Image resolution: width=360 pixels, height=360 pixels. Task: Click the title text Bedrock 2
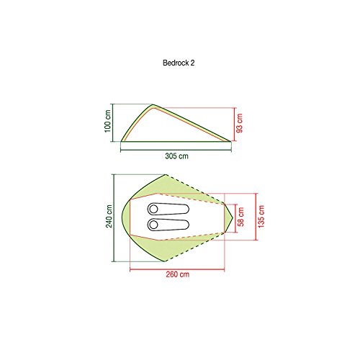tap(179, 63)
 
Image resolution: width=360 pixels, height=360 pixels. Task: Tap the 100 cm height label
tap(108, 121)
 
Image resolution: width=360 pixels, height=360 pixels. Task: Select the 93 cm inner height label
tap(239, 123)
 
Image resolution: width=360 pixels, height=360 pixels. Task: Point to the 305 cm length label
tap(176, 156)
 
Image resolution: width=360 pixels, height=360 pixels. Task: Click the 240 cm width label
tap(109, 216)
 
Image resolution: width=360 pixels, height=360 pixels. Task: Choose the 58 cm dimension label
tap(240, 217)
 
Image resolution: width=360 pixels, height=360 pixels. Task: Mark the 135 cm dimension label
tap(261, 217)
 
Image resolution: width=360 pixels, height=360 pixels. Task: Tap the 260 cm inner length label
tap(178, 274)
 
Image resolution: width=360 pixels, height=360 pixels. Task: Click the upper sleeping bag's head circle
tap(153, 209)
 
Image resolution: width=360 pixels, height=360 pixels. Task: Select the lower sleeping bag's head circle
tap(153, 225)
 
